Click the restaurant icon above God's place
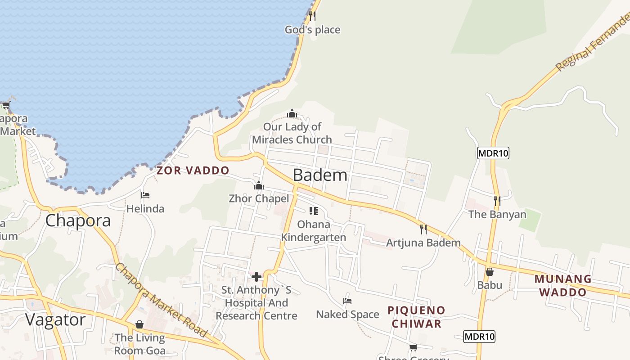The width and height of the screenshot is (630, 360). click(x=312, y=16)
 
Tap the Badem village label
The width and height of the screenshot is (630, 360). click(x=320, y=175)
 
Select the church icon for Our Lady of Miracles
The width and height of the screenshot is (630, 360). click(x=292, y=113)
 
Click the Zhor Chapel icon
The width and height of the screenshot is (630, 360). click(x=259, y=185)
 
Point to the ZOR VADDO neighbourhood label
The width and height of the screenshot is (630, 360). click(x=193, y=171)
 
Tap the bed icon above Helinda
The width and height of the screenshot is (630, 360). click(x=145, y=195)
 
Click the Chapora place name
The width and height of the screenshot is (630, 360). click(x=78, y=220)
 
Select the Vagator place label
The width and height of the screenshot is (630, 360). click(x=55, y=320)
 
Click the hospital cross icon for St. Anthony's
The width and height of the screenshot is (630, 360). click(x=256, y=277)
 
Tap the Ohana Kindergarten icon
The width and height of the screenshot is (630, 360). click(x=314, y=211)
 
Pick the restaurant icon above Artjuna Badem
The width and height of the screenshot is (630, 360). click(x=423, y=229)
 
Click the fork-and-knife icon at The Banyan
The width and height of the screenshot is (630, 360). click(x=497, y=201)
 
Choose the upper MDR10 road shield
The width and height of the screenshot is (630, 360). click(x=493, y=153)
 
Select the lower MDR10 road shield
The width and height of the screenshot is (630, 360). click(x=479, y=336)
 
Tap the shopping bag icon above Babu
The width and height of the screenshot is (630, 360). click(x=490, y=272)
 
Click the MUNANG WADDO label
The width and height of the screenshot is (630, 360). click(x=562, y=285)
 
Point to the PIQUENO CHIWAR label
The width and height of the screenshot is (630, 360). click(x=416, y=317)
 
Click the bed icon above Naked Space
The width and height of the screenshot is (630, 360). click(x=347, y=301)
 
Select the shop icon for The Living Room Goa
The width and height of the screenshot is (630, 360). click(x=139, y=324)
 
